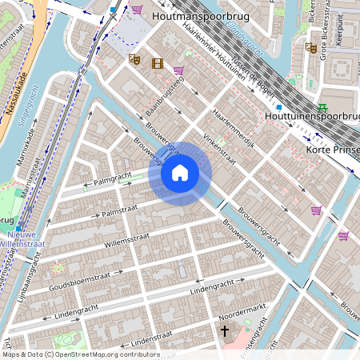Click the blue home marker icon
(180, 172)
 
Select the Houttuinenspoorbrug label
(312, 117)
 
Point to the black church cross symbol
(225, 330)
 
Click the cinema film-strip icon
(157, 63)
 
